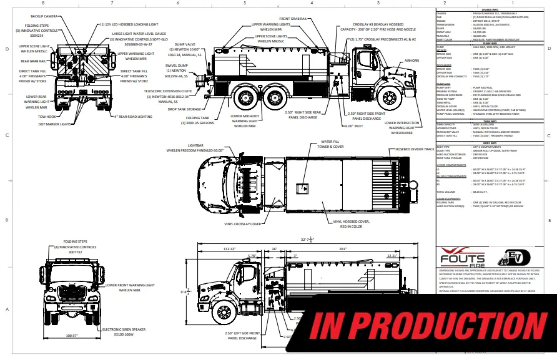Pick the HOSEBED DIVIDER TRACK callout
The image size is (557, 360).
pyautogui.click(x=414, y=150)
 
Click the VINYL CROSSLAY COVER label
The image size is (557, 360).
pyautogui.click(x=244, y=224)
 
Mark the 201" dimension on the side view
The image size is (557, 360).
pyautogui.click(x=343, y=248)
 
